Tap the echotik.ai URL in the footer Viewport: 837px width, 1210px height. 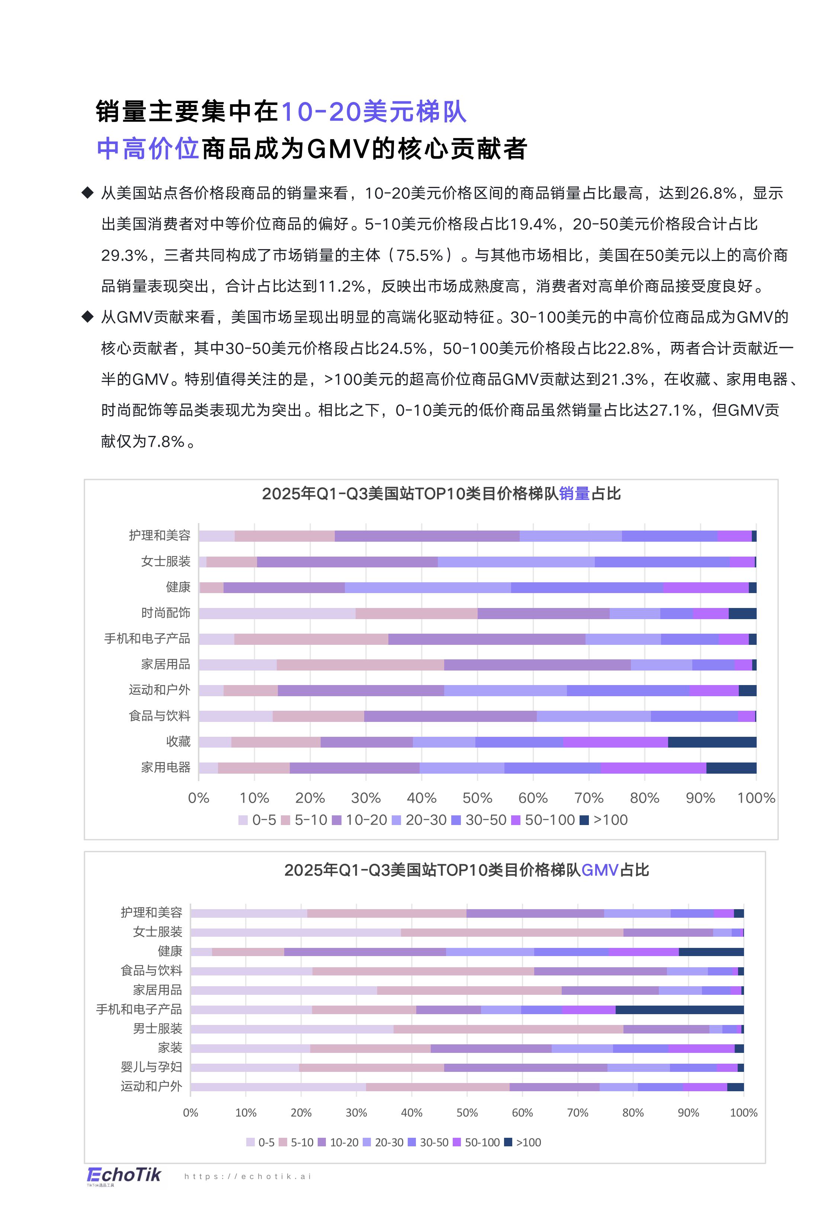[248, 1176]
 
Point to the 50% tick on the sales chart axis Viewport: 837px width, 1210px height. [477, 798]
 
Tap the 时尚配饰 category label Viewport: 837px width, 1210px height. [166, 612]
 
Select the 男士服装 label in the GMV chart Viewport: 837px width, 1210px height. [157, 1028]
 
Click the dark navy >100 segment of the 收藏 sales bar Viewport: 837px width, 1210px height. [712, 742]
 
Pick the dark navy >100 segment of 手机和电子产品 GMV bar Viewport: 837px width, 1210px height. [679, 1010]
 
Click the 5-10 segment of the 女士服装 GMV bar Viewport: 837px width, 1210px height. [511, 932]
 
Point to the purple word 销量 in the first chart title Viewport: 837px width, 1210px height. [574, 494]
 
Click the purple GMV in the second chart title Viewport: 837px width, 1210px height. [600, 870]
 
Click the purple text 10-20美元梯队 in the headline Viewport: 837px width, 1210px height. [373, 112]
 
